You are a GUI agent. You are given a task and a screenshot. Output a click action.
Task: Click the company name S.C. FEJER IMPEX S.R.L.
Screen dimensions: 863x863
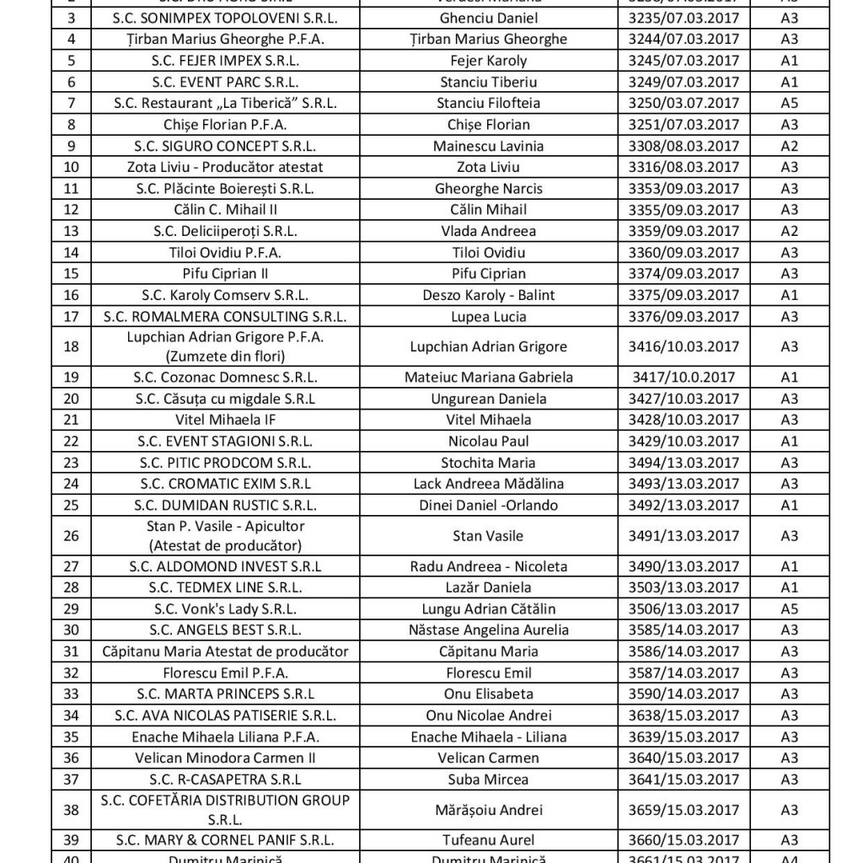(218, 61)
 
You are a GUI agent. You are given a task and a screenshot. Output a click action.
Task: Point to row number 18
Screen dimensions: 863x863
(71, 346)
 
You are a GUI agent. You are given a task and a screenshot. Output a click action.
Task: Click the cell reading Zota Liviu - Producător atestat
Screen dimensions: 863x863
(218, 167)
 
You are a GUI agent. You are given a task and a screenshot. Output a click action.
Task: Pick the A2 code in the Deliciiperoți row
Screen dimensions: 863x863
(790, 231)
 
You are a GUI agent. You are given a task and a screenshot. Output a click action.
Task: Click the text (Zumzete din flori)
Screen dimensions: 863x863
(218, 356)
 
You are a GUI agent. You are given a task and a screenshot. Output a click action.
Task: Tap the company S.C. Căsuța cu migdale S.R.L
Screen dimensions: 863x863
(218, 399)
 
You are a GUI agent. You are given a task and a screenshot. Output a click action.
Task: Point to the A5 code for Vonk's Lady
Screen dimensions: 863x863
(790, 608)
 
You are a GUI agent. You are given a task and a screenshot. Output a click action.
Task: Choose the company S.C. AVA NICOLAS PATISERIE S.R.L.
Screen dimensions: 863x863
(218, 716)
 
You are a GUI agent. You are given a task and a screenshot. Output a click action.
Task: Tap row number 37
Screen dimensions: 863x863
(71, 780)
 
